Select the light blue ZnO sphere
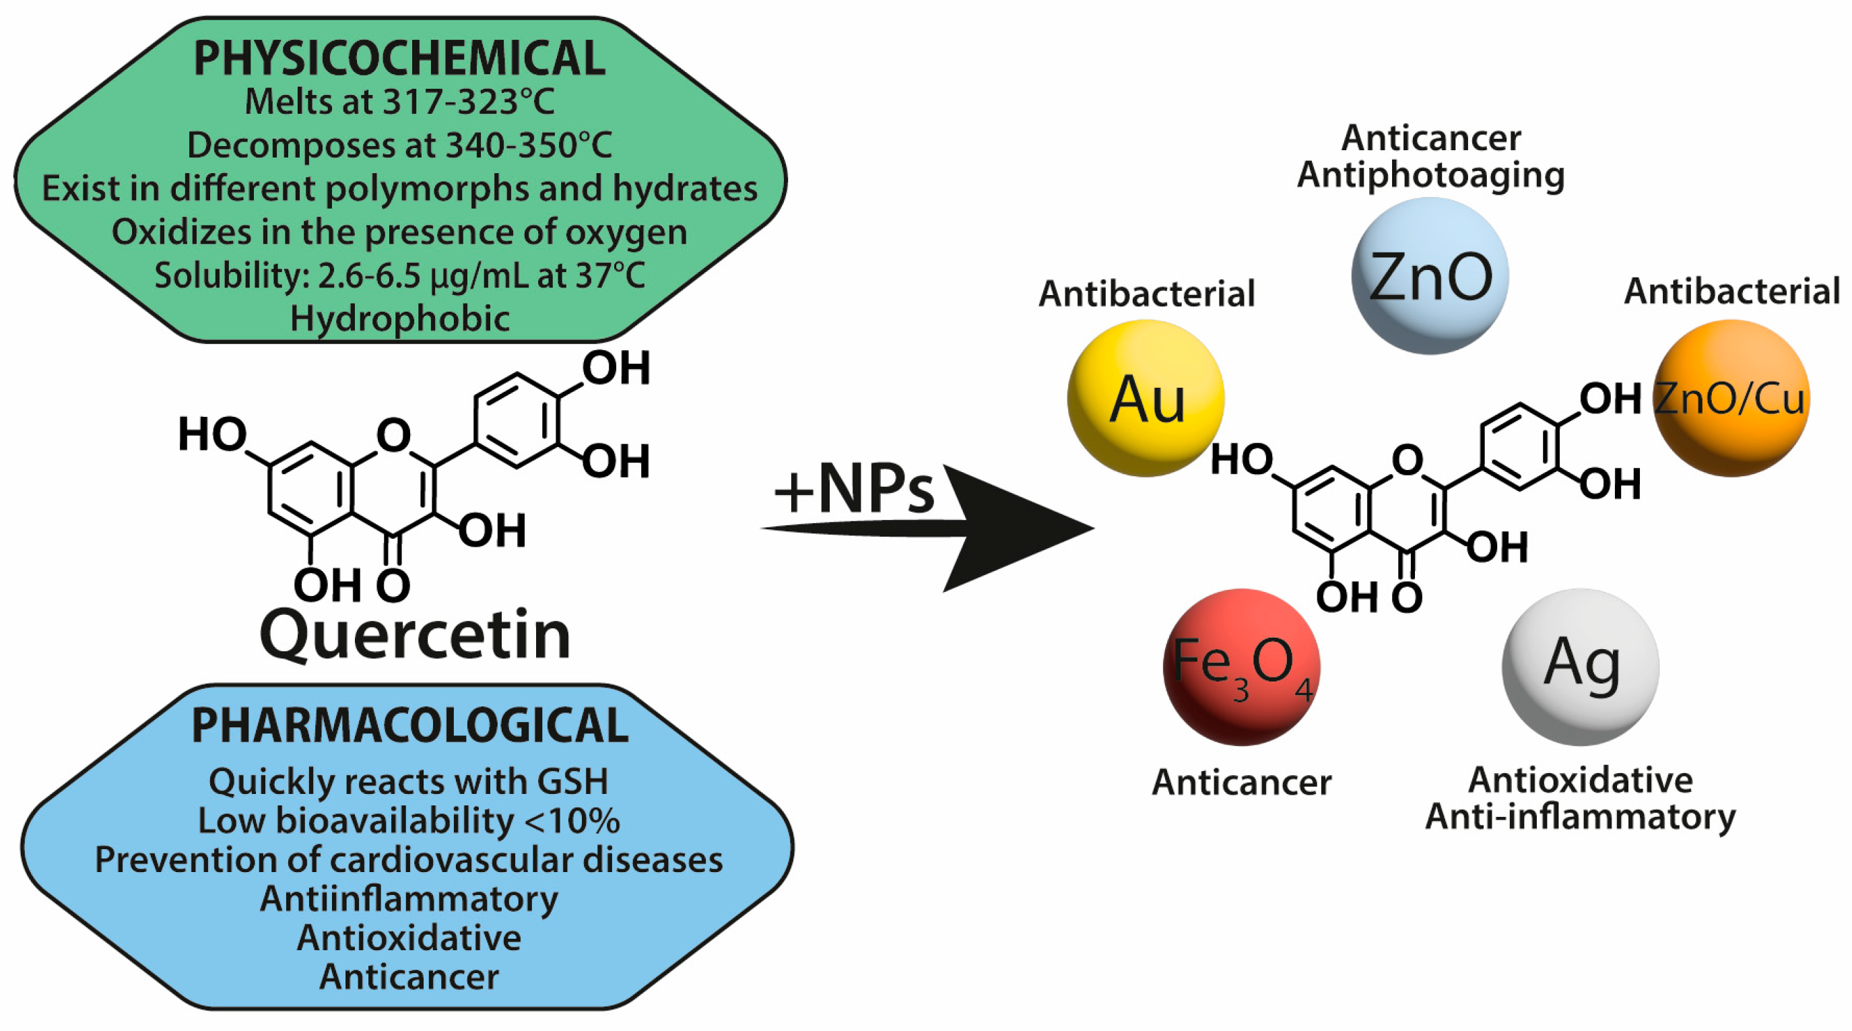[x=1429, y=276]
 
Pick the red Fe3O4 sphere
[x=1241, y=667]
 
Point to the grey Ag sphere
[x=1580, y=667]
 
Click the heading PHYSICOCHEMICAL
[x=400, y=59]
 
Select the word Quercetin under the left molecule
[x=415, y=635]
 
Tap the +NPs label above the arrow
[x=853, y=490]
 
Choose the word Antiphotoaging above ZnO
[x=1430, y=176]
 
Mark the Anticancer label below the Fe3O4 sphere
[x=1242, y=783]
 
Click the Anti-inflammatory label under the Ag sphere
[x=1580, y=817]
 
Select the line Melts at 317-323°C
[x=400, y=102]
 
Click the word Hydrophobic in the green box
[x=400, y=319]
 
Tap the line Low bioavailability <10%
[x=408, y=820]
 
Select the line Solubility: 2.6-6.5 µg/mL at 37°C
[x=400, y=275]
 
